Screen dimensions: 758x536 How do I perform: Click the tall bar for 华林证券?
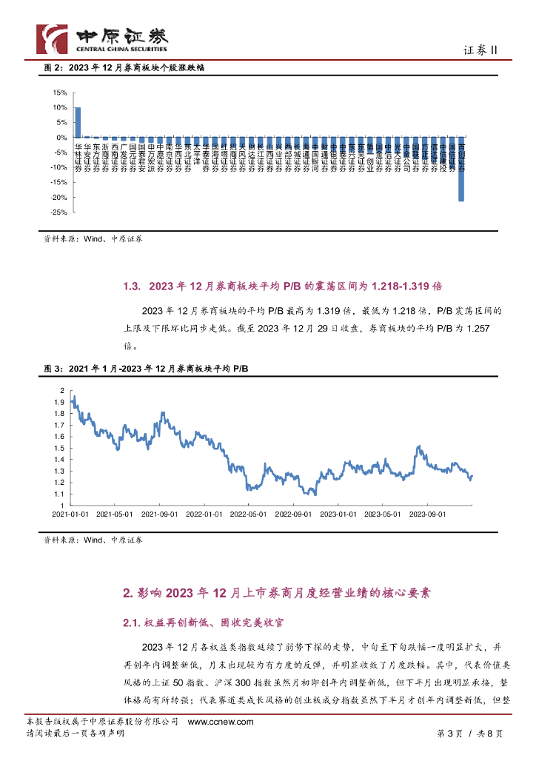click(78, 122)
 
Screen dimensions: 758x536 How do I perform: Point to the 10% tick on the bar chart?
click(61, 107)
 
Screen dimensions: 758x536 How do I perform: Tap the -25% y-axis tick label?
click(59, 212)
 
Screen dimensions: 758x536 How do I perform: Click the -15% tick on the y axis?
click(59, 182)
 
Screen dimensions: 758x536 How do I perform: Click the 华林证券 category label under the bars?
click(78, 158)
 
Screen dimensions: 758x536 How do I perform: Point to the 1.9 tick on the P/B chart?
click(59, 401)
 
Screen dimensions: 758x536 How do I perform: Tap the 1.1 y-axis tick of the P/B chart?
click(59, 494)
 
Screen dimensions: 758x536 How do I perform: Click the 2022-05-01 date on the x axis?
click(248, 513)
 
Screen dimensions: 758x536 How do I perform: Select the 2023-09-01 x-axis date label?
click(428, 513)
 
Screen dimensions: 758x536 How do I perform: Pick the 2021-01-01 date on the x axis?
click(70, 513)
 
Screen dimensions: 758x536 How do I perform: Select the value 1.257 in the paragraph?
click(475, 328)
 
